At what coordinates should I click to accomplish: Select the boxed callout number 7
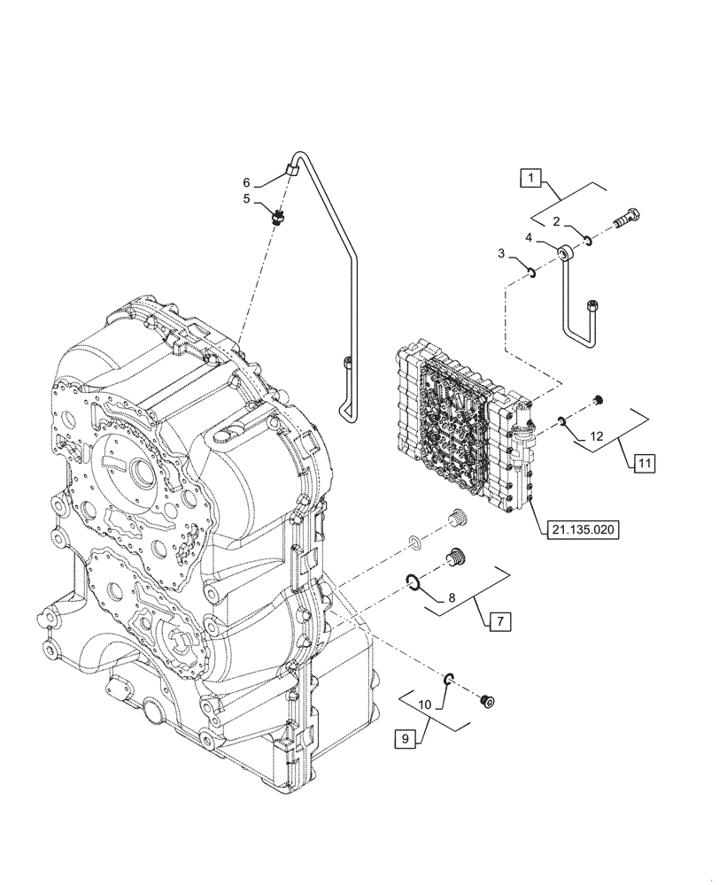coord(499,622)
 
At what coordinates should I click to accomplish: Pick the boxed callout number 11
coord(644,462)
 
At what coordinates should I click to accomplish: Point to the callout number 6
coord(248,182)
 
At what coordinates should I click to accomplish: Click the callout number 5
coord(248,199)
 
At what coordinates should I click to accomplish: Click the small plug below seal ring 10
coord(485,701)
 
